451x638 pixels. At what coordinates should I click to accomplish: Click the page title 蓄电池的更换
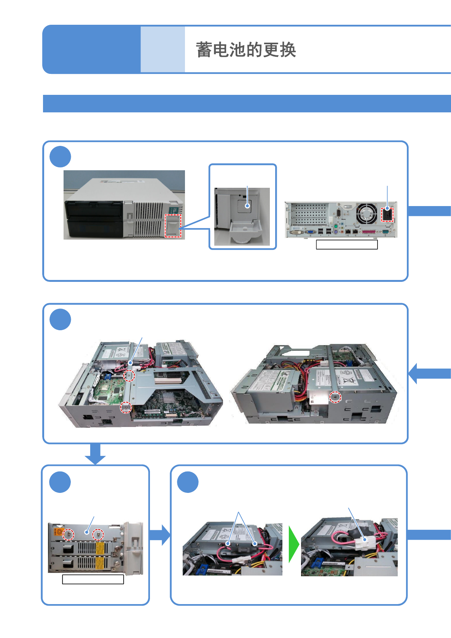point(246,50)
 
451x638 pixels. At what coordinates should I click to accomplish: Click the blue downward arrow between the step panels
point(95,454)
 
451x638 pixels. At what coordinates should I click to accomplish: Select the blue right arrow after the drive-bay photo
point(160,535)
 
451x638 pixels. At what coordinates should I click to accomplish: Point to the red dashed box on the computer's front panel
point(173,225)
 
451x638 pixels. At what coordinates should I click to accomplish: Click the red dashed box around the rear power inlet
point(387,214)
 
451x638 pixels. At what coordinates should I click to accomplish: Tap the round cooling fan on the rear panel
point(366,214)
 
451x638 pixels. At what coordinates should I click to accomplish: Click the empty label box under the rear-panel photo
point(347,245)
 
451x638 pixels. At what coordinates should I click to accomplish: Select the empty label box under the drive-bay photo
point(93,579)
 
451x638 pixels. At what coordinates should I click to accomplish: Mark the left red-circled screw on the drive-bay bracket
point(69,534)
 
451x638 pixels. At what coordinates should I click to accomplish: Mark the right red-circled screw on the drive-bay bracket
point(98,534)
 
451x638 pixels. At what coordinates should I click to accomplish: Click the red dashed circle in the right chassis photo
point(335,397)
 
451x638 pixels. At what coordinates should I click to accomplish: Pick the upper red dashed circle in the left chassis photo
point(129,376)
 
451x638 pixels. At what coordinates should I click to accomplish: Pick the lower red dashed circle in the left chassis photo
point(126,407)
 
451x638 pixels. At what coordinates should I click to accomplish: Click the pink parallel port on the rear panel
point(368,232)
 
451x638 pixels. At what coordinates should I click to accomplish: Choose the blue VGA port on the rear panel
point(310,232)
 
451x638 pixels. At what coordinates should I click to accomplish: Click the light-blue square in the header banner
point(163,50)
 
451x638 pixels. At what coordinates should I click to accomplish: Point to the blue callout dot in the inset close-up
point(247,206)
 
